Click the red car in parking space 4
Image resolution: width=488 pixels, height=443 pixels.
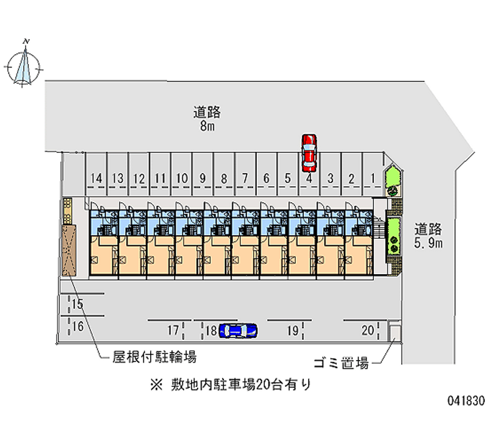[x=309, y=152]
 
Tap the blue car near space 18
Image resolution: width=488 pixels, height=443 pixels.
[x=238, y=330]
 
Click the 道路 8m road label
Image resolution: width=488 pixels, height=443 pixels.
[x=207, y=119]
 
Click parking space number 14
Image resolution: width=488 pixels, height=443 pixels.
[x=96, y=179]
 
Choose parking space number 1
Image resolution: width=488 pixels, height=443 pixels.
[x=372, y=179]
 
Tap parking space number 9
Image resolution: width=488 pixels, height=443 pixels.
[x=203, y=179]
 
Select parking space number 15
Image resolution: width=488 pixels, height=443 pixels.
[x=77, y=303]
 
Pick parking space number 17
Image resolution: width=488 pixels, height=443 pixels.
[x=173, y=331]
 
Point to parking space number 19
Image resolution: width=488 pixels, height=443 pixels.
[x=292, y=331]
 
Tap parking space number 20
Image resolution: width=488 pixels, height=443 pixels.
[x=367, y=331]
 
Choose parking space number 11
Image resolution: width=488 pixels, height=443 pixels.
[x=160, y=179]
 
